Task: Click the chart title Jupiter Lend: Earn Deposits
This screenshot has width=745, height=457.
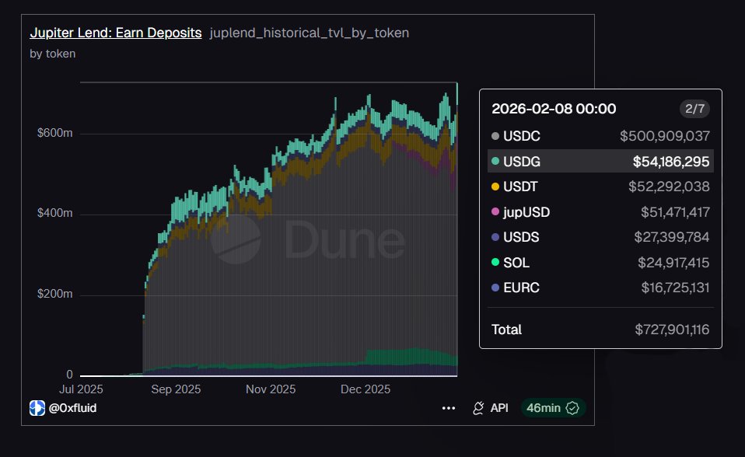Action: click(x=115, y=33)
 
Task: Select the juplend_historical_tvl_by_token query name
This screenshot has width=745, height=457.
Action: click(x=310, y=33)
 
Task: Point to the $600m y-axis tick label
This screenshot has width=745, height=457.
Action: click(x=55, y=134)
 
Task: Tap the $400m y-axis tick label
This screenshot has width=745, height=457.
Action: click(x=55, y=214)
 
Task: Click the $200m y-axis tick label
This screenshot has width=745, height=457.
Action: click(x=55, y=295)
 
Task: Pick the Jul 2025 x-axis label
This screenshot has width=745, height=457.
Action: click(x=80, y=389)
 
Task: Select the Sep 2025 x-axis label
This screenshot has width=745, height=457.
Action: click(x=176, y=389)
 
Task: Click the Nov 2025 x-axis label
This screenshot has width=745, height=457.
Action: click(x=271, y=389)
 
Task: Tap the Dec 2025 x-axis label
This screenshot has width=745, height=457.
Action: click(x=366, y=389)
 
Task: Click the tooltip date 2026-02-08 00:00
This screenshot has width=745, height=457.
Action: click(x=554, y=109)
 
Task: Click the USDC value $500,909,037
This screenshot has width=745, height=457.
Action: click(x=665, y=136)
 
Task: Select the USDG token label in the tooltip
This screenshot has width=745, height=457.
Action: click(x=521, y=162)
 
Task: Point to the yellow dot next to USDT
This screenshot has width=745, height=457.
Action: click(x=495, y=187)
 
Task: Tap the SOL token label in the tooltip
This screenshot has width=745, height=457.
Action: click(x=516, y=263)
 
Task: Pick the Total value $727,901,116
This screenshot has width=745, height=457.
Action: click(x=672, y=330)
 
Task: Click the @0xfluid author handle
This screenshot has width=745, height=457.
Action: click(x=72, y=408)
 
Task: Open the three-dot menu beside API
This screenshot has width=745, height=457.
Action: click(x=449, y=408)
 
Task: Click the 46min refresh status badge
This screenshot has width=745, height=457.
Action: click(x=553, y=408)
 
